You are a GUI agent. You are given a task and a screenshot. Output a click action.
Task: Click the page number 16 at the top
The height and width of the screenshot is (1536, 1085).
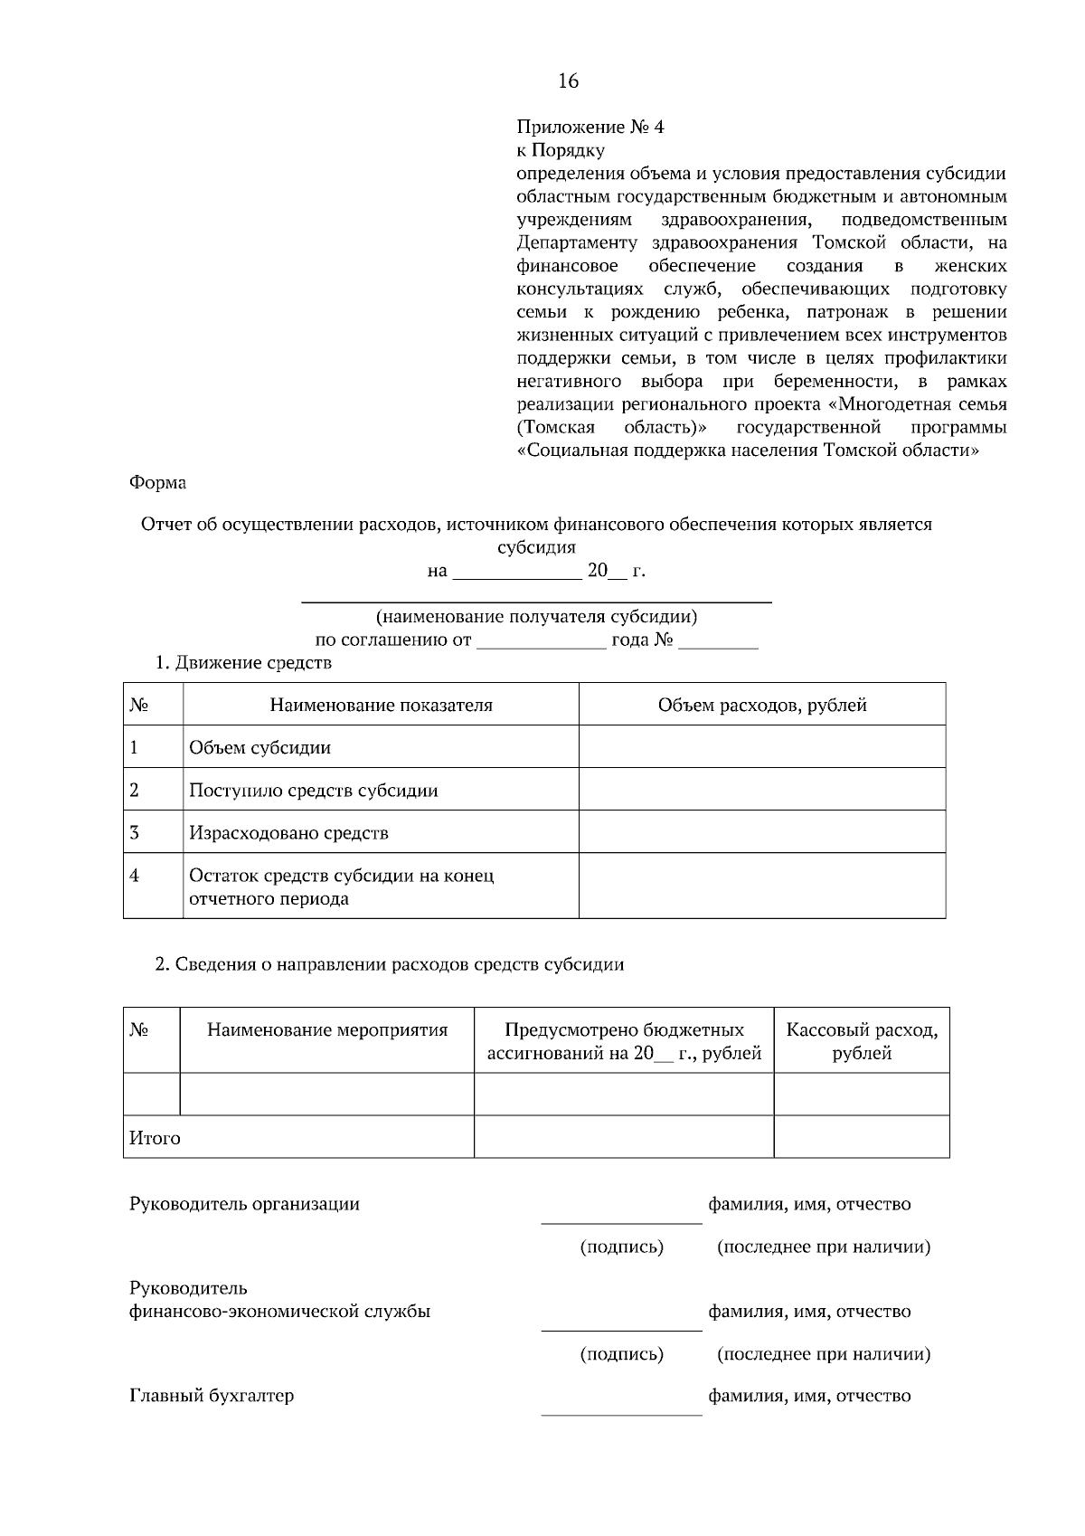568,81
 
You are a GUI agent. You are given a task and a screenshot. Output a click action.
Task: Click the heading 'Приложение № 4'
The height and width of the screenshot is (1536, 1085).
590,128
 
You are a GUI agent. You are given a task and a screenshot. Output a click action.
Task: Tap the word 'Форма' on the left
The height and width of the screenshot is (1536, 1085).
158,483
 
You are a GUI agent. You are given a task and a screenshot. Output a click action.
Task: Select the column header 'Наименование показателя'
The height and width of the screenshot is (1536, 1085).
381,706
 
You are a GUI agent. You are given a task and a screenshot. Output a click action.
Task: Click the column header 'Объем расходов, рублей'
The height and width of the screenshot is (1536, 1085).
762,706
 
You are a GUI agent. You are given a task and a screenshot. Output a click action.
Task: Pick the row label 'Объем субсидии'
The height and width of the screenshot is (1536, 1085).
259,748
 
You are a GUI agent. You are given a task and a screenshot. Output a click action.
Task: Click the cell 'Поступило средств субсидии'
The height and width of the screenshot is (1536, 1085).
313,791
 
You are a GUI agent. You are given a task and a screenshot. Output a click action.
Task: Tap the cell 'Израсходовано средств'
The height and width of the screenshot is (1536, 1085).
288,833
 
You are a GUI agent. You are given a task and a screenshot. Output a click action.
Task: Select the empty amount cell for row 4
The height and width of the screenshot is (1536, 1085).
762,887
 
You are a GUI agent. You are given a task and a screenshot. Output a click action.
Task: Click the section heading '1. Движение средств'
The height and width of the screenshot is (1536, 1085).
243,663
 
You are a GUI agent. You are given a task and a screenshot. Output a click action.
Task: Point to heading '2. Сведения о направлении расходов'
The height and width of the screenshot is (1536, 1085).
390,964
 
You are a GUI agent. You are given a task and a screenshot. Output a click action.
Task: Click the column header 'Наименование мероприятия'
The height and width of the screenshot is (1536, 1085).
327,1030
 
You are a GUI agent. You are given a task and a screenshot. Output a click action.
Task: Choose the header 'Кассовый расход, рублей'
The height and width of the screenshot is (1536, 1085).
862,1041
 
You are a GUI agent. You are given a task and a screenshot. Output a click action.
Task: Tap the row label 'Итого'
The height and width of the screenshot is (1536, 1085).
155,1138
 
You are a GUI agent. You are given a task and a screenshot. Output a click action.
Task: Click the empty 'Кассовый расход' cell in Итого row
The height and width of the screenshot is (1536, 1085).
862,1137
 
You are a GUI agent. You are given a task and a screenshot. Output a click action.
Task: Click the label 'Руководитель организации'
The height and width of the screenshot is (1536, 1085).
244,1204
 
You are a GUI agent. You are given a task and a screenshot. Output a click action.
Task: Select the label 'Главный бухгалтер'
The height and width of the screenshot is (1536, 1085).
212,1396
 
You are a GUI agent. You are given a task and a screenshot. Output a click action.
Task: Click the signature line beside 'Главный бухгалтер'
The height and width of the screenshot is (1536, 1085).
621,1413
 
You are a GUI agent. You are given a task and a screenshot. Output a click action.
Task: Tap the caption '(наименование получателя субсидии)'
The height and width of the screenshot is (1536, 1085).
536,617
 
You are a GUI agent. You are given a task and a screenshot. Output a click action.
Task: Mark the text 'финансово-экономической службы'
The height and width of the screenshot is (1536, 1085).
279,1311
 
